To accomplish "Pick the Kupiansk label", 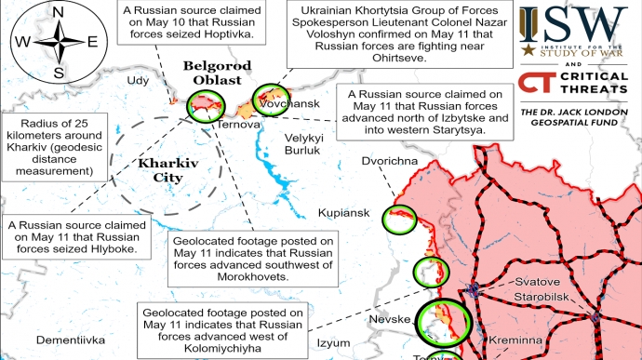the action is coord(343,213).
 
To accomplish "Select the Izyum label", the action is coord(333,343).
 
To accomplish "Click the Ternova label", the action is coord(237,125).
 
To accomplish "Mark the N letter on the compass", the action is coord(59,12).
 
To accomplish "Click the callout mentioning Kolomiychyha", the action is coord(221,331).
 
